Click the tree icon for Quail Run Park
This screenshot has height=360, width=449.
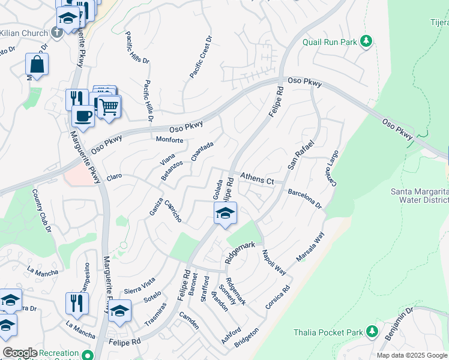click(x=366, y=41)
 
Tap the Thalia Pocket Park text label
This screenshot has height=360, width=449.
click(x=328, y=332)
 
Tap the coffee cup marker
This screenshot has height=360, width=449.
click(x=83, y=115)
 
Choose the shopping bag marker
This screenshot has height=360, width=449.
click(x=37, y=64)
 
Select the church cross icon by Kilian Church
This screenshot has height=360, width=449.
click(x=58, y=31)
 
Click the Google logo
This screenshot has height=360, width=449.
click(x=20, y=353)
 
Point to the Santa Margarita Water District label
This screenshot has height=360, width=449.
click(x=419, y=196)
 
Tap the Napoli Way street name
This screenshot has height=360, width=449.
click(x=274, y=262)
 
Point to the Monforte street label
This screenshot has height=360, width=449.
click(x=169, y=140)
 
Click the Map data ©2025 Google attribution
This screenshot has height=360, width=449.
click(x=412, y=355)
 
